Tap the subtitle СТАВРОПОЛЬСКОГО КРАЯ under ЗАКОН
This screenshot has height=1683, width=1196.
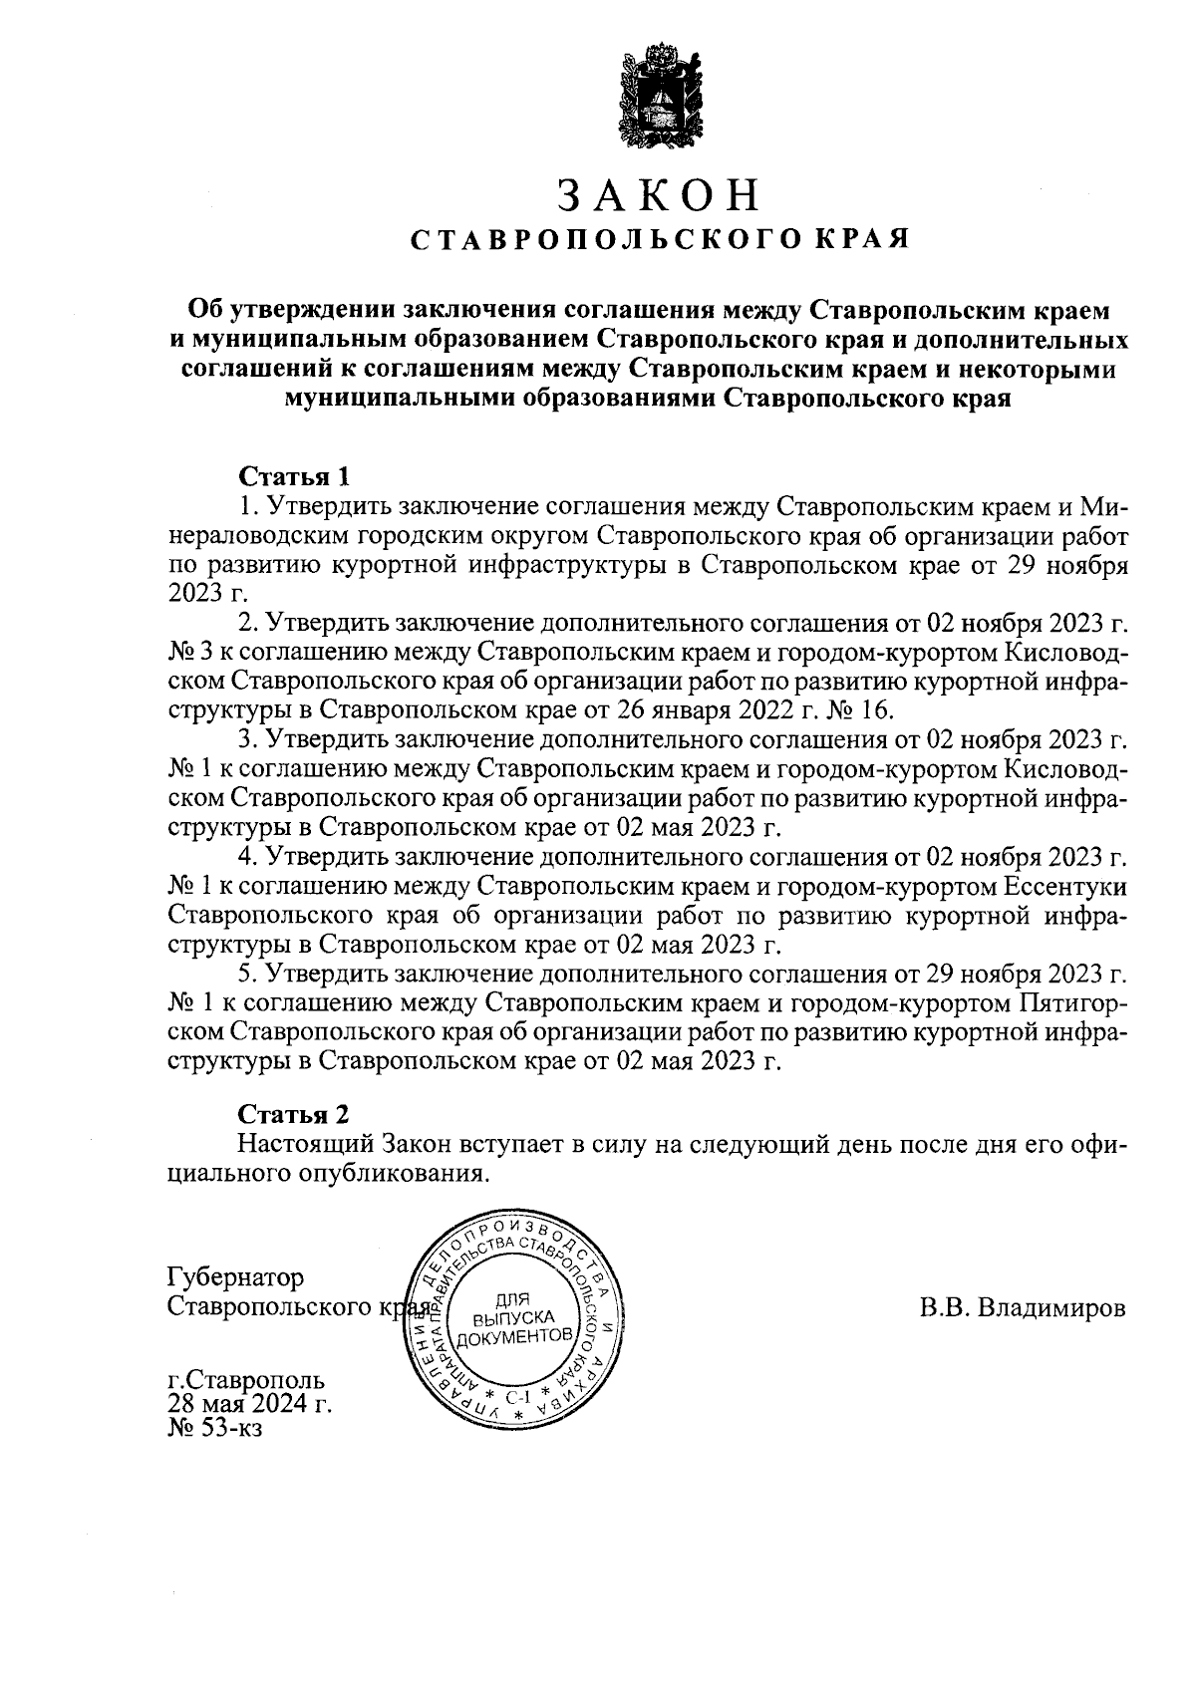coord(660,240)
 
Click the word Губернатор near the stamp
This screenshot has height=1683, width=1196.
coord(236,1276)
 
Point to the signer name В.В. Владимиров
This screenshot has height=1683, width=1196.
coord(1022,1306)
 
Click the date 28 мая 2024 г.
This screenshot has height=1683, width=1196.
coord(249,1405)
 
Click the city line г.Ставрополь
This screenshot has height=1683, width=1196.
coord(245,1382)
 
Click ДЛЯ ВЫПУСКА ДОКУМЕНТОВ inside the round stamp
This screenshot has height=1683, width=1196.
coord(515,1316)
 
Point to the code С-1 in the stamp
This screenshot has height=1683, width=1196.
coord(517,1396)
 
